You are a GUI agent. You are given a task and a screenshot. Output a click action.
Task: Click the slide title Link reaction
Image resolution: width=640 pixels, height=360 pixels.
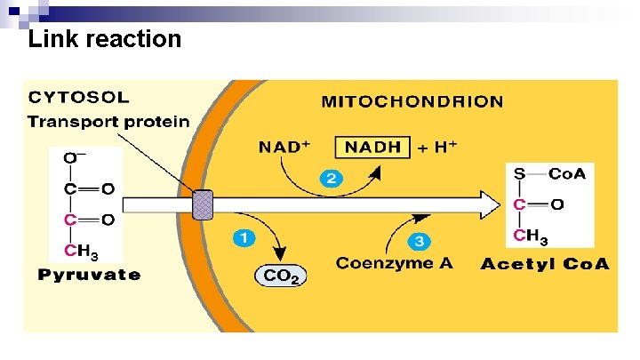[105, 39]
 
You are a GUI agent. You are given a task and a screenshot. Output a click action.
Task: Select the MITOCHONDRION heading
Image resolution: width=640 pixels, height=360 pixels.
[412, 100]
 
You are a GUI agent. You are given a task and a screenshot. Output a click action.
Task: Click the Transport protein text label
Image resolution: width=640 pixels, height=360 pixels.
[108, 121]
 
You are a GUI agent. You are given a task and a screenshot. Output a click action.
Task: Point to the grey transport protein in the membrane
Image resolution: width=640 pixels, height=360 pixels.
[204, 204]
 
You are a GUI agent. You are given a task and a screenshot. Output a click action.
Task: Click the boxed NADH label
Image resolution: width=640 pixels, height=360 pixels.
[372, 148]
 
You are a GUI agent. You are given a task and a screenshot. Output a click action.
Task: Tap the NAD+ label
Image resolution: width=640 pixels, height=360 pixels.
[284, 148]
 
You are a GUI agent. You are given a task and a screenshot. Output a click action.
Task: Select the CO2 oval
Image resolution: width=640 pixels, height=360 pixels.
[281, 276]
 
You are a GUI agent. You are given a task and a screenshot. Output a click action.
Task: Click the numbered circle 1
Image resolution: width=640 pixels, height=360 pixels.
[244, 238]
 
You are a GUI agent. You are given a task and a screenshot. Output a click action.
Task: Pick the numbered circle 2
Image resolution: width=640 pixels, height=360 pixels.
[331, 179]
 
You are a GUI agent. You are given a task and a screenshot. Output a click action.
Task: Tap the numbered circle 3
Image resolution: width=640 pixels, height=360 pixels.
[420, 241]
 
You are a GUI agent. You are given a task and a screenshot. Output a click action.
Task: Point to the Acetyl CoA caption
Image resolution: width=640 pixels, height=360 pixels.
[546, 264]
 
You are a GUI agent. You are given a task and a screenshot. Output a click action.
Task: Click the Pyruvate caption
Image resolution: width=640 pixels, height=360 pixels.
[89, 275]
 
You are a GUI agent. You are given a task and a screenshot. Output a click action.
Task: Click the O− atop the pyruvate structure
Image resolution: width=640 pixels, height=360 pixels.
[74, 159]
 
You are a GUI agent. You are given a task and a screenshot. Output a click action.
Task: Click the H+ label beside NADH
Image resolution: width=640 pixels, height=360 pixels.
[444, 148]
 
